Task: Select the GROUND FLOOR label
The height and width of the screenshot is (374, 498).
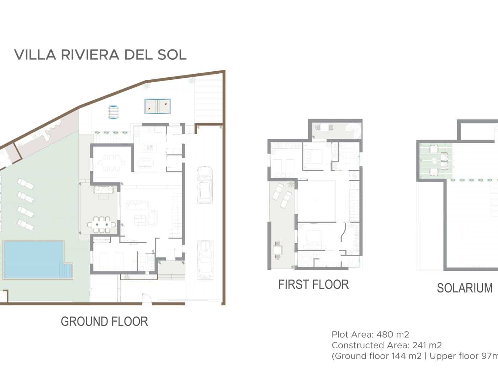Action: click(x=104, y=321)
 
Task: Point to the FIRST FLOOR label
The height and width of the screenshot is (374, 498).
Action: click(x=313, y=285)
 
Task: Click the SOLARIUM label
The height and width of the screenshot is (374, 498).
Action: click(x=465, y=288)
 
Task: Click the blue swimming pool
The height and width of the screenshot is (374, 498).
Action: click(x=30, y=259)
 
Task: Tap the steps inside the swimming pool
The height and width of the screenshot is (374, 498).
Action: click(x=67, y=271)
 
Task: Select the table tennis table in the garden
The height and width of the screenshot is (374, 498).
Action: click(x=157, y=106)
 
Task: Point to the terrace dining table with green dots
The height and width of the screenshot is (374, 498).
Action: click(x=102, y=225)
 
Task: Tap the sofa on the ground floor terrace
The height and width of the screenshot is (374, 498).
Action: click(x=104, y=189)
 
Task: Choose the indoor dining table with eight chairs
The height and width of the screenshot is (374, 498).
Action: click(x=112, y=163)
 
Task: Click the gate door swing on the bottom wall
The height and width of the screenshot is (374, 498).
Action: click(x=147, y=299)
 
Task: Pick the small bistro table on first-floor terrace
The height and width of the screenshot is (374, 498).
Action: click(x=277, y=250)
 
